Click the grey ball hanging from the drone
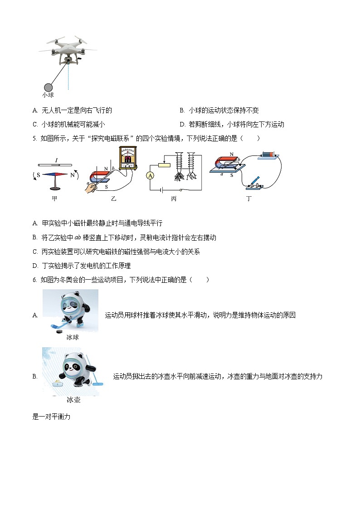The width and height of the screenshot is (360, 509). click(48, 87)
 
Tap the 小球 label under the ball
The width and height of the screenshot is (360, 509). click(48, 95)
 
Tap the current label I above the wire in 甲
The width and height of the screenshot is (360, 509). click(56, 160)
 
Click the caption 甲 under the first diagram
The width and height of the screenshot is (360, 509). click(54, 199)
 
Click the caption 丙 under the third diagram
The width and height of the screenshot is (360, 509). click(174, 199)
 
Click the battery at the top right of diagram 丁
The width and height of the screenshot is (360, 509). click(267, 155)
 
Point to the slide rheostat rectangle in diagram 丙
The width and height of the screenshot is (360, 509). click(164, 165)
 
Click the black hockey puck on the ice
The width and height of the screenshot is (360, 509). click(59, 331)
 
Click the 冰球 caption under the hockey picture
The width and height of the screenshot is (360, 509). click(73, 338)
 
